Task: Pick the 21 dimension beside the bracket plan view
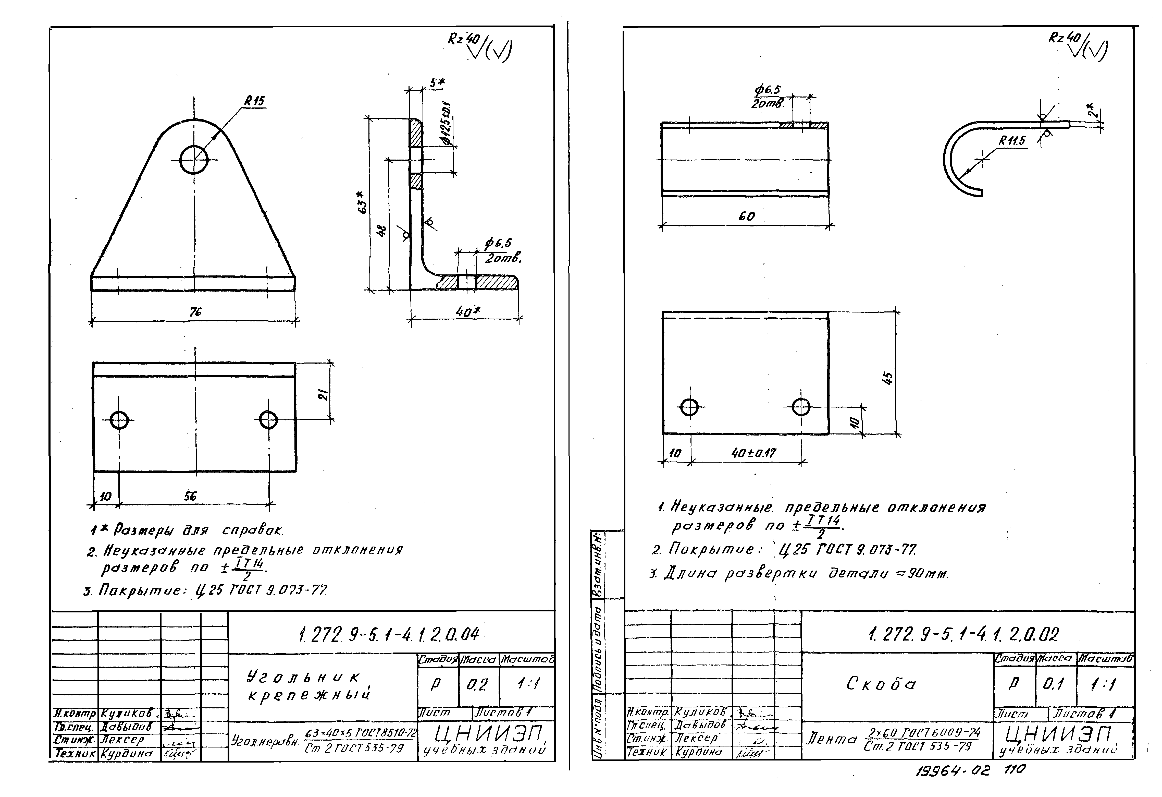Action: click(x=324, y=395)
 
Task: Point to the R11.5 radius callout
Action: click(x=1011, y=141)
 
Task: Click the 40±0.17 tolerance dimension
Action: click(x=753, y=453)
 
